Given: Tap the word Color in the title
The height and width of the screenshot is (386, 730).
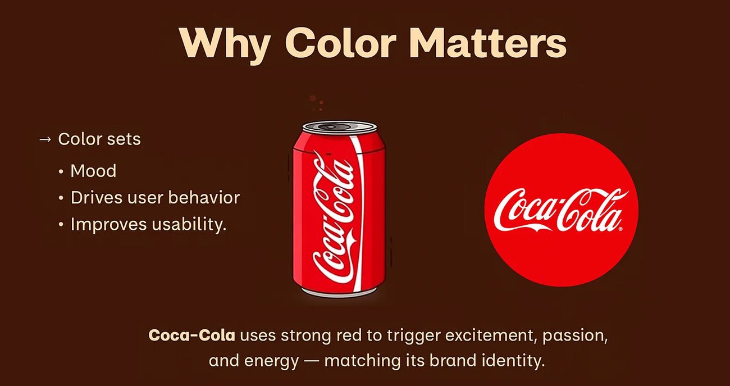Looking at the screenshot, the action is point(340,43).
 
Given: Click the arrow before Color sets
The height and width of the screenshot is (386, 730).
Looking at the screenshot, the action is point(45,139).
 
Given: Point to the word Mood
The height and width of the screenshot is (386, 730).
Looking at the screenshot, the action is point(93,171).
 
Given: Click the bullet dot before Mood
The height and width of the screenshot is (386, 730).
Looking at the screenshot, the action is point(61,171).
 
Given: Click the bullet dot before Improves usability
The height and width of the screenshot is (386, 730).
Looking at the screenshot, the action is point(61,225).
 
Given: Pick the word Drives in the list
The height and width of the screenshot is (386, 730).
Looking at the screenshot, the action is point(97,198).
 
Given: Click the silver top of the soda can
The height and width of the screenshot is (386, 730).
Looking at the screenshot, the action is point(340,127).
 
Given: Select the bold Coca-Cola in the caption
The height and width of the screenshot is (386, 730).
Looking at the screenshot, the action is point(191,335).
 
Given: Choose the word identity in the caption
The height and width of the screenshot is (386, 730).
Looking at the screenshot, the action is point(514,361).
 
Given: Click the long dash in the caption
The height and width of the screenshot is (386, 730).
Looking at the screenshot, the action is point(312,361).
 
